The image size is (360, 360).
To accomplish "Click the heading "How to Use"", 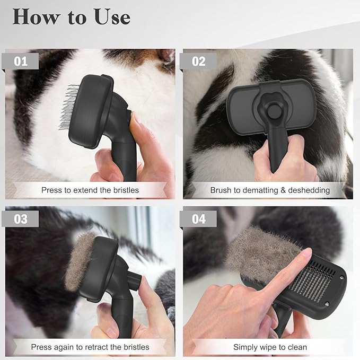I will [71, 17].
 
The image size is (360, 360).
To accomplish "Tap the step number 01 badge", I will [21, 61].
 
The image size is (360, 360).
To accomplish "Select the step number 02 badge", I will [199, 61].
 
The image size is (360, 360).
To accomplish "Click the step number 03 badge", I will [21, 218].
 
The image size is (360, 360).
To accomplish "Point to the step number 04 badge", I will [199, 218].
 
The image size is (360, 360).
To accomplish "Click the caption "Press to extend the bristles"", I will [90, 190].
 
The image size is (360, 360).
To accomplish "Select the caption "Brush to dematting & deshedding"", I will [270, 190].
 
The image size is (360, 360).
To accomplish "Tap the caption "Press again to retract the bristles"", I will [90, 347].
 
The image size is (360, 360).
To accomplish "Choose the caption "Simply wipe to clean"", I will [270, 347].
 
